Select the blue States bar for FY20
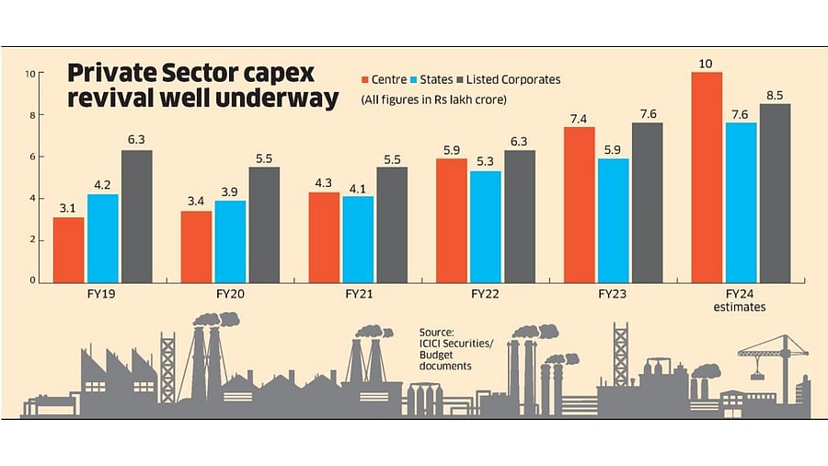coord(231,240)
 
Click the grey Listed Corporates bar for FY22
coord(519,216)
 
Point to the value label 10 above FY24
coord(707,64)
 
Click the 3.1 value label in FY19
coord(68,209)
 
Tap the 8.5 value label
coord(775,95)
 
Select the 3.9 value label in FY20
coord(231,192)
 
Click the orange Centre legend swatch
coord(364,80)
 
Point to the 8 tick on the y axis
coord(31,115)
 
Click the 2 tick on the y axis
coord(31,239)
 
